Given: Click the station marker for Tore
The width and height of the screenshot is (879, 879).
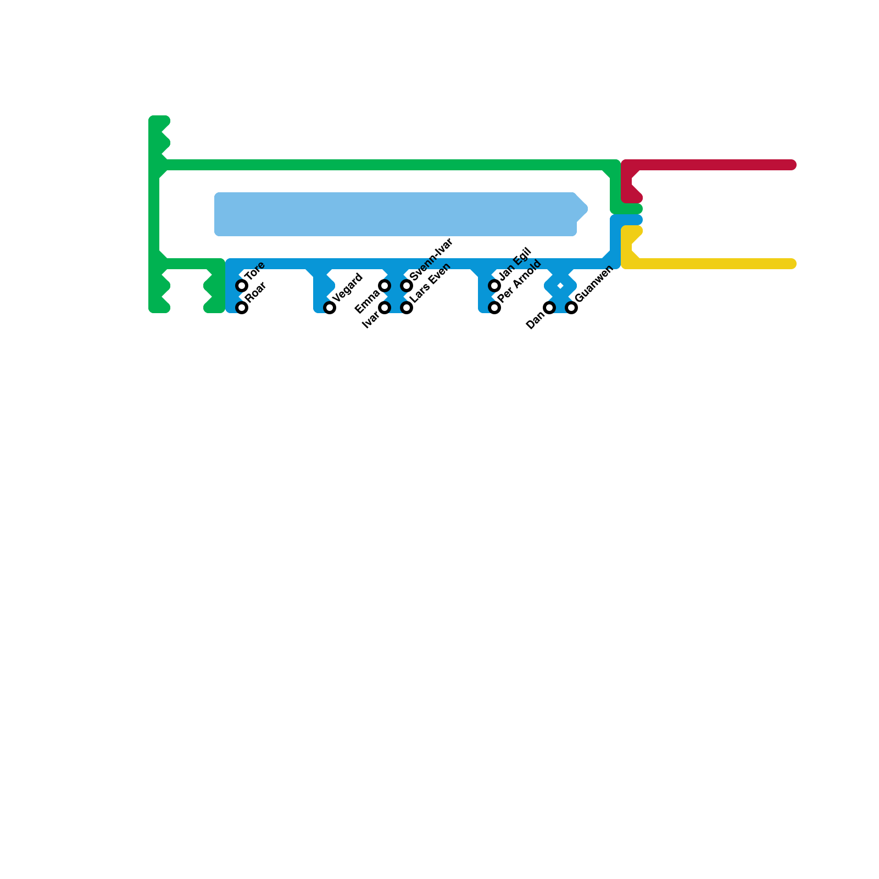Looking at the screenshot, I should pyautogui.click(x=242, y=285).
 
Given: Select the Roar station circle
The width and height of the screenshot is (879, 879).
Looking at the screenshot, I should pyautogui.click(x=242, y=307).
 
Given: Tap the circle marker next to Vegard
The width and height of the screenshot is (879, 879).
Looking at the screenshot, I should pyautogui.click(x=330, y=307).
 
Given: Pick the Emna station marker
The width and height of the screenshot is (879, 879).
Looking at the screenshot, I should pyautogui.click(x=385, y=285).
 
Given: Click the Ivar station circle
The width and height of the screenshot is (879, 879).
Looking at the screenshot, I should pyautogui.click(x=385, y=307).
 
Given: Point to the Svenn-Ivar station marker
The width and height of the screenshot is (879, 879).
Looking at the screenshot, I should pyautogui.click(x=407, y=285).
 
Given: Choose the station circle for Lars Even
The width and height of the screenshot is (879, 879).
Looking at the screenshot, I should pyautogui.click(x=407, y=307).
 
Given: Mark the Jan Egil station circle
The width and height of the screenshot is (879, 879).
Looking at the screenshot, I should pyautogui.click(x=494, y=285).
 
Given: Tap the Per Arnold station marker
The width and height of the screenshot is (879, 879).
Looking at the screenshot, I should pyautogui.click(x=494, y=307).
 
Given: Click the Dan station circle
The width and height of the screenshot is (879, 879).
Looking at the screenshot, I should pyautogui.click(x=549, y=307).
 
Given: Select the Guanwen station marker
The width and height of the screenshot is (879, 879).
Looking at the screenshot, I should pyautogui.click(x=571, y=307).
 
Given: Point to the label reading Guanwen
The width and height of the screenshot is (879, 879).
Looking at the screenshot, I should pyautogui.click(x=594, y=284).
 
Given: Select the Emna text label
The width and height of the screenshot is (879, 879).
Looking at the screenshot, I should pyautogui.click(x=367, y=302).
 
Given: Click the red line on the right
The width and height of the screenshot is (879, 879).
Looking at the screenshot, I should pyautogui.click(x=714, y=165).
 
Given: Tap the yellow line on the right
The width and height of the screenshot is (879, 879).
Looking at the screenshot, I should pyautogui.click(x=714, y=264).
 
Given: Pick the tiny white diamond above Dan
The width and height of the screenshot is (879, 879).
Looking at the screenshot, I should pyautogui.click(x=560, y=286).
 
